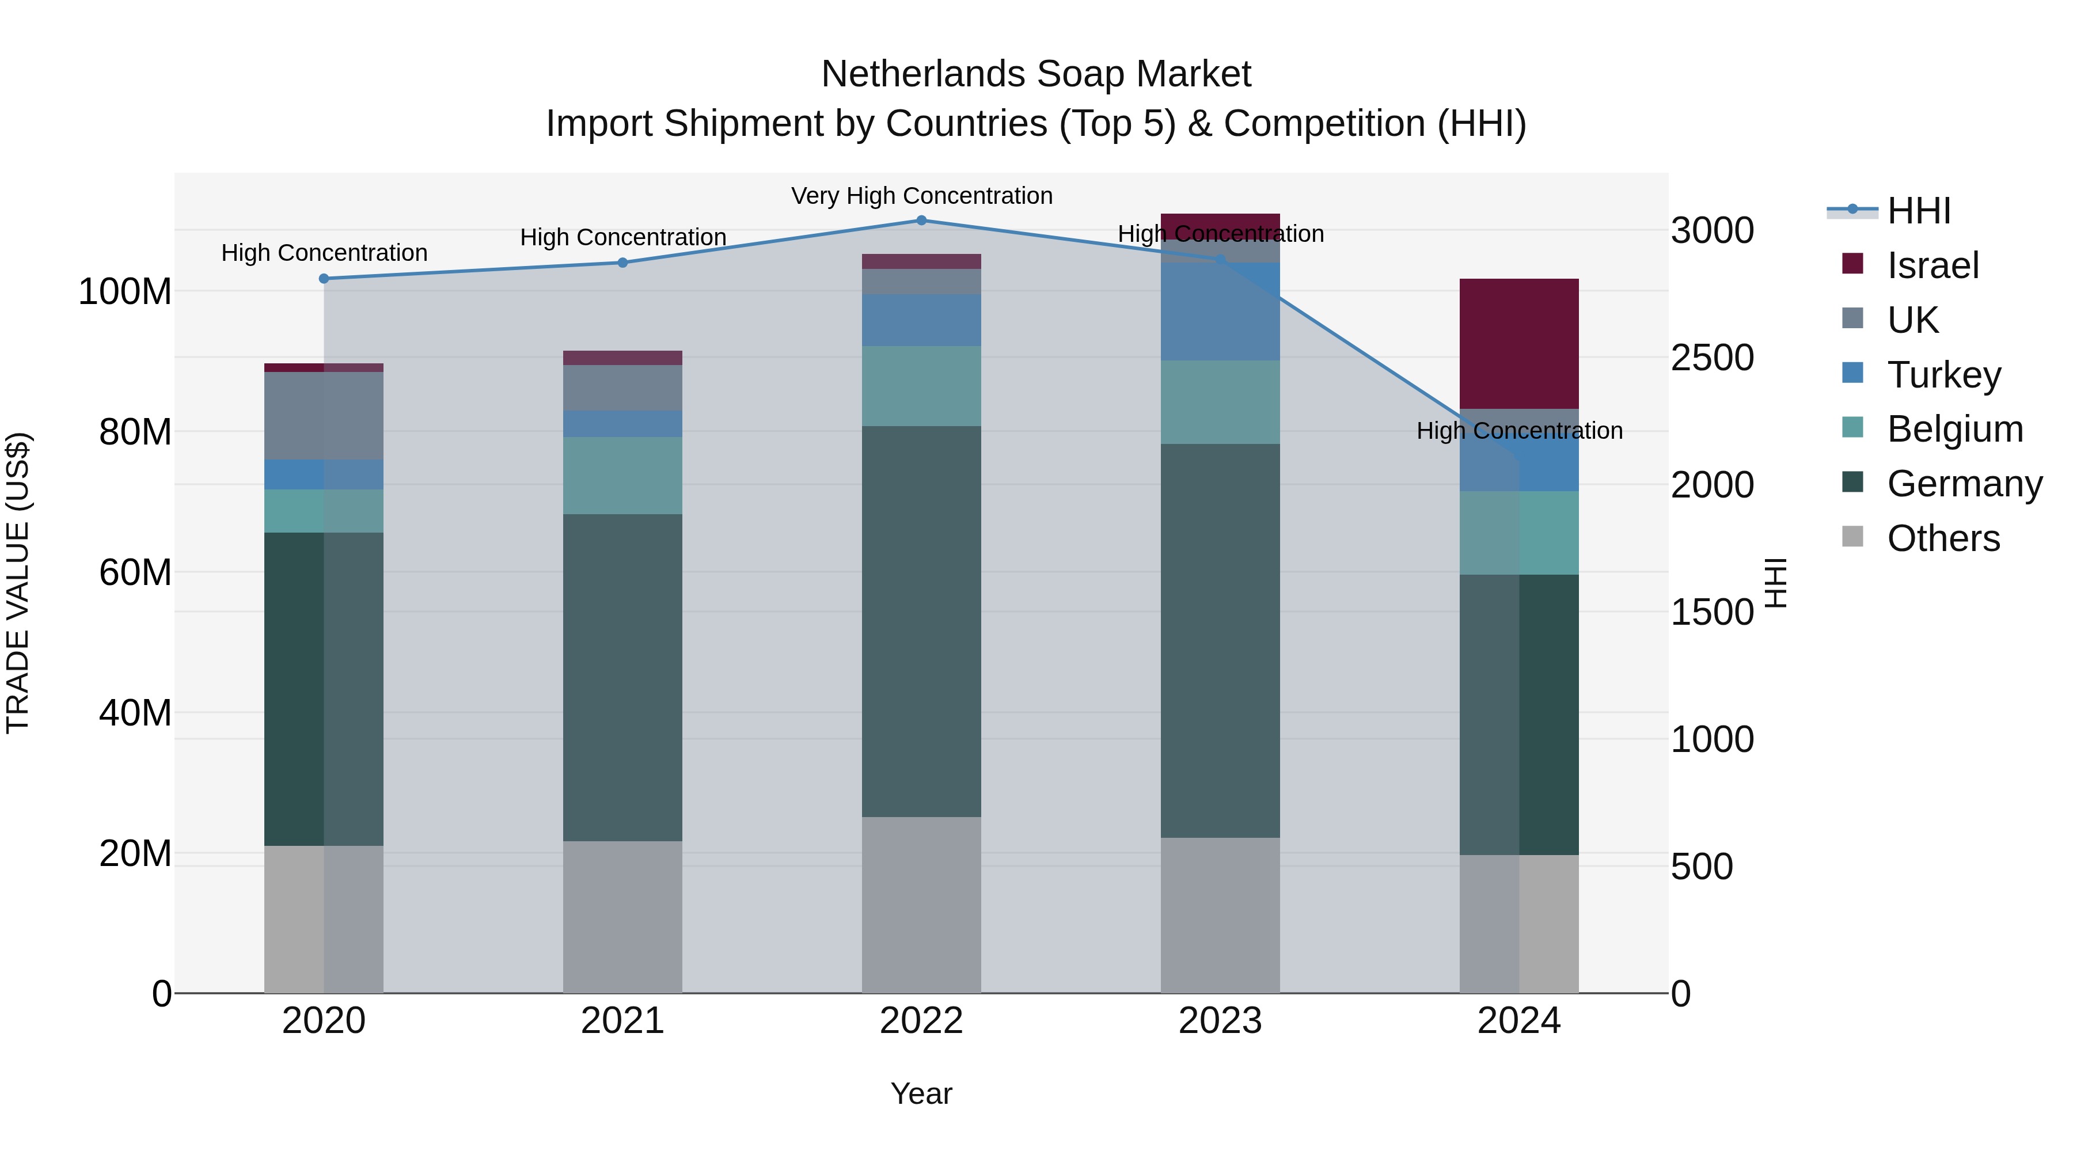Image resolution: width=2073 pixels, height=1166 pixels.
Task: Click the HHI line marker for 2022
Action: tap(921, 220)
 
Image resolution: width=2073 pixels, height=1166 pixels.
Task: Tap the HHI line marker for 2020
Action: tap(324, 279)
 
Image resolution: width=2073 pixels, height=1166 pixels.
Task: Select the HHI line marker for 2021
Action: tap(622, 263)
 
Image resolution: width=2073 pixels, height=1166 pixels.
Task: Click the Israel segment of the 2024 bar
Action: tap(1518, 344)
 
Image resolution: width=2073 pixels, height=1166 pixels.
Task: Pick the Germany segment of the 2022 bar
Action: tap(921, 621)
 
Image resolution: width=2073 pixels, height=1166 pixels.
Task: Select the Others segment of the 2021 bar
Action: tap(622, 917)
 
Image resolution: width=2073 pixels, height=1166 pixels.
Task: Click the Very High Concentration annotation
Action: tap(921, 196)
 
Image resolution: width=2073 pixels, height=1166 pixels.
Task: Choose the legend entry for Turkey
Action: tap(1943, 375)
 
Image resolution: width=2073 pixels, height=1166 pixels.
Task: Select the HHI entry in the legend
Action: tap(1919, 211)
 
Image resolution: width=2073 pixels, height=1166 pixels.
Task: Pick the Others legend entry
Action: tap(1943, 538)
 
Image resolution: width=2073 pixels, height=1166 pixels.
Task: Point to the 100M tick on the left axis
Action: tap(125, 291)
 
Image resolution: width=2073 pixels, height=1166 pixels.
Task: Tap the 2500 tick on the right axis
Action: tap(1712, 358)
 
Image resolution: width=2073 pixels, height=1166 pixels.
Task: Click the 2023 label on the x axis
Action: tap(1220, 1021)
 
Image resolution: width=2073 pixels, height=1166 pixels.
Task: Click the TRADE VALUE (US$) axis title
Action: tap(18, 583)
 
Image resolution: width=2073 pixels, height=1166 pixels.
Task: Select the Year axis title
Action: tap(921, 1093)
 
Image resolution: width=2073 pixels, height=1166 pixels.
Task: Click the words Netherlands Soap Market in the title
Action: tap(1036, 74)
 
